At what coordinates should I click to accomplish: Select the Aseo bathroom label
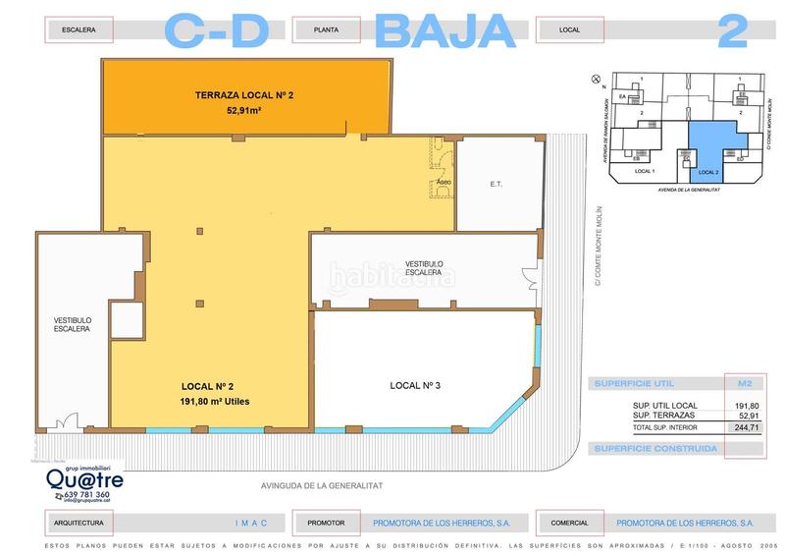444,183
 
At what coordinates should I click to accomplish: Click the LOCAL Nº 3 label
415,385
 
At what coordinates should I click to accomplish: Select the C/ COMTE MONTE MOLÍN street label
597,246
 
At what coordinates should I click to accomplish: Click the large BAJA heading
445,30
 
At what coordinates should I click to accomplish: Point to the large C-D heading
216,30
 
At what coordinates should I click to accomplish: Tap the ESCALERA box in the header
78,30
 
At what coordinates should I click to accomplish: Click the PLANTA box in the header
326,30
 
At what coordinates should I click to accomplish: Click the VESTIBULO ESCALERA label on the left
73,324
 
